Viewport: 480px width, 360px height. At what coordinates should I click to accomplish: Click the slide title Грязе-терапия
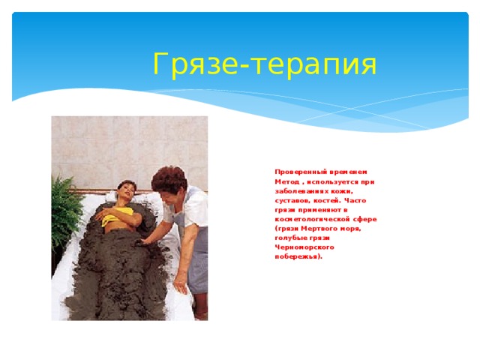264,65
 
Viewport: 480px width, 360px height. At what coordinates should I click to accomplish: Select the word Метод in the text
288,181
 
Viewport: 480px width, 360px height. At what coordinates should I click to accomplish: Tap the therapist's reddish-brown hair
169,178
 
